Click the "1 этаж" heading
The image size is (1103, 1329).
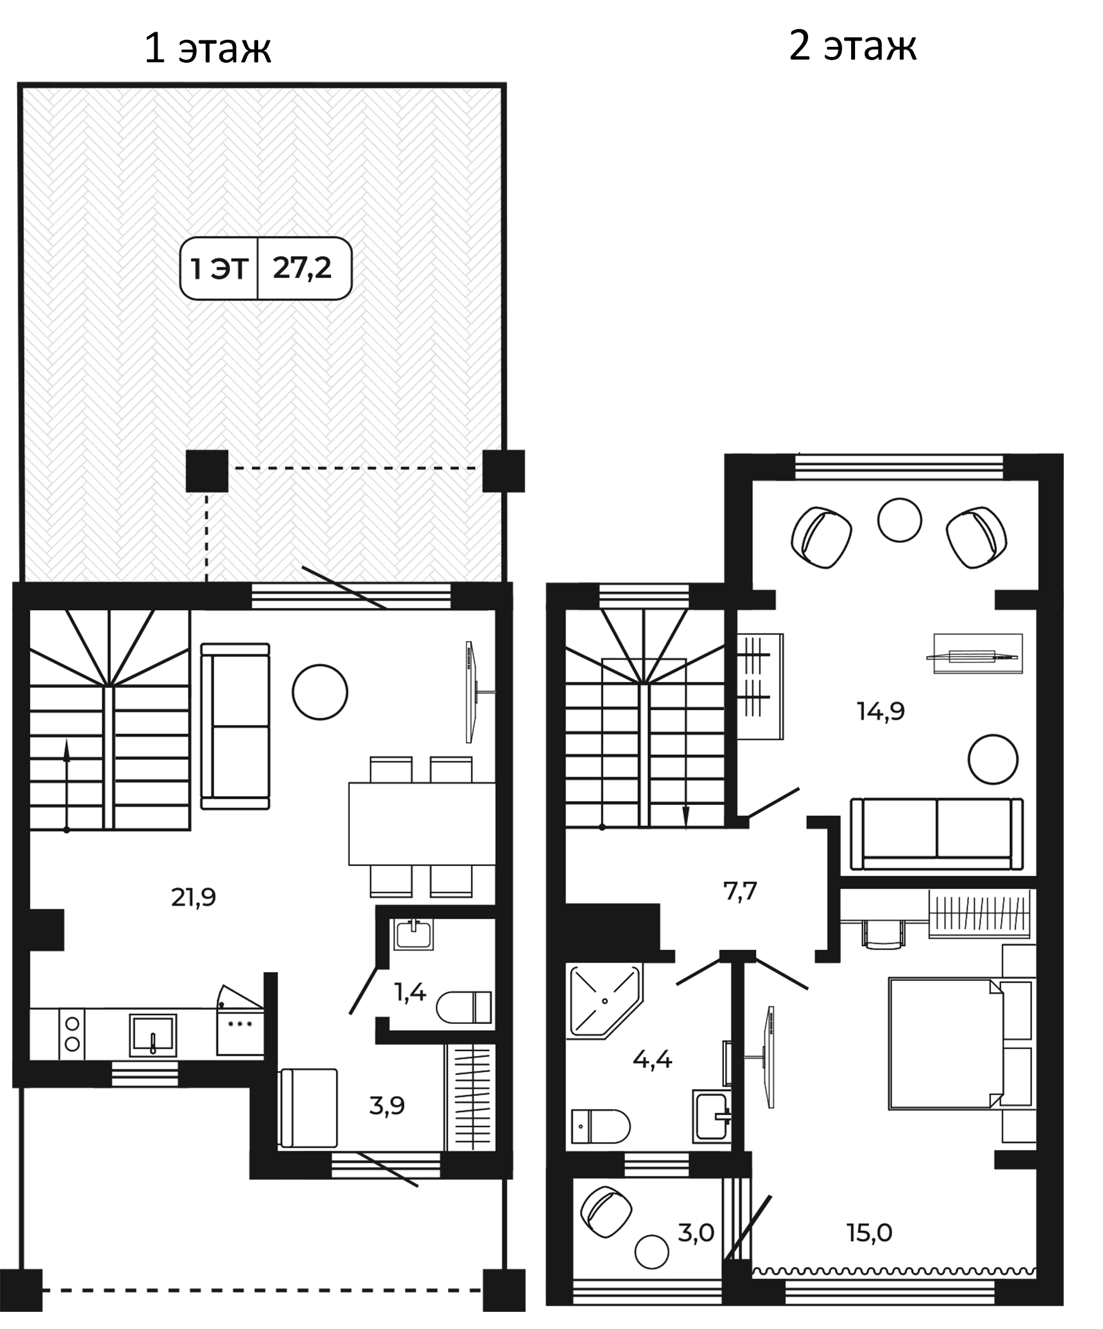(x=208, y=49)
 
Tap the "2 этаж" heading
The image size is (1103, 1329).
(x=852, y=46)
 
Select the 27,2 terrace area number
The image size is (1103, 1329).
(x=302, y=268)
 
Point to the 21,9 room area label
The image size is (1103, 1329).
(x=194, y=897)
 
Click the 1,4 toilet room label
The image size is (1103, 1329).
(x=410, y=993)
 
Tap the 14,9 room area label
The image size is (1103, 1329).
(x=881, y=711)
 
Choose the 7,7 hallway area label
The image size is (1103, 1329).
(x=740, y=891)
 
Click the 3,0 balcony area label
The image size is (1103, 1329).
(x=696, y=1232)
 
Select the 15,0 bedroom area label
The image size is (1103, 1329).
(x=869, y=1232)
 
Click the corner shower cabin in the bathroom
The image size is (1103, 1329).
(x=605, y=1001)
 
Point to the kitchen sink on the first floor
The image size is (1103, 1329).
(x=153, y=1035)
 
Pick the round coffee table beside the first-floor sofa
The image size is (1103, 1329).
(x=320, y=692)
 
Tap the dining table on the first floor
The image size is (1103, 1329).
(x=422, y=824)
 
